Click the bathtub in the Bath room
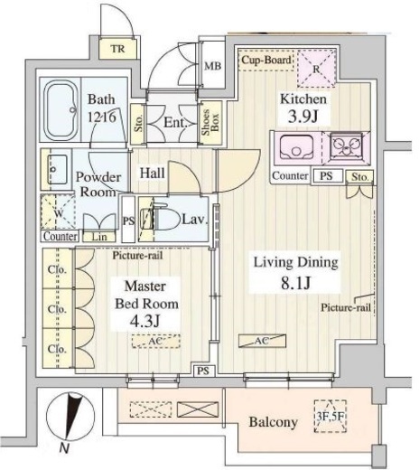click(x=61, y=110)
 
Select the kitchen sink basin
click(x=296, y=147)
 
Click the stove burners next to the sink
click(x=346, y=146)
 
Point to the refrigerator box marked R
click(x=316, y=69)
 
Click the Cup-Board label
click(x=266, y=60)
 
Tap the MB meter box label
click(x=213, y=66)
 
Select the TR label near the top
click(x=117, y=49)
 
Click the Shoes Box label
click(x=210, y=123)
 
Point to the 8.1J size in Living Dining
click(x=295, y=283)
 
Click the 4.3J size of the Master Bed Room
click(x=144, y=322)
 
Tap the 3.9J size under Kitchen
click(x=303, y=117)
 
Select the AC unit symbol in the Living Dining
click(x=262, y=341)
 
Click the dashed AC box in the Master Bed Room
click(x=156, y=341)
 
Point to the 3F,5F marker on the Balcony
click(x=331, y=416)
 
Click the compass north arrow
click(x=71, y=417)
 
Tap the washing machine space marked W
click(x=58, y=211)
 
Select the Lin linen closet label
click(x=99, y=237)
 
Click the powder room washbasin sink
click(x=57, y=169)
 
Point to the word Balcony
click(x=274, y=422)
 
